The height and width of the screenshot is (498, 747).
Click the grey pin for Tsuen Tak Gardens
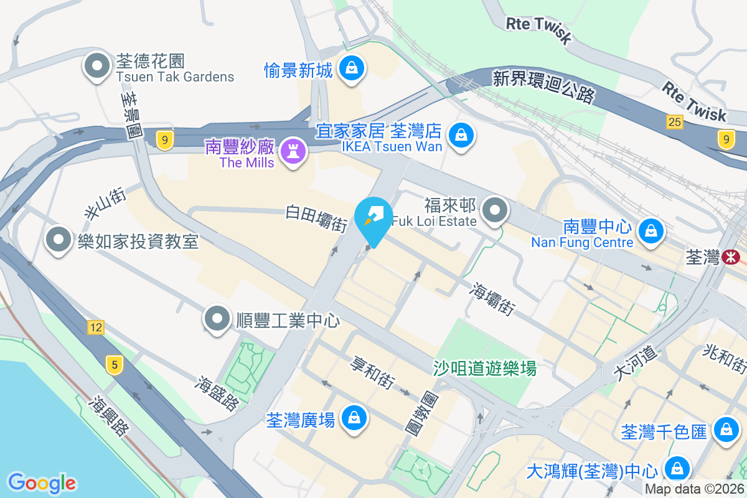tap(96, 67)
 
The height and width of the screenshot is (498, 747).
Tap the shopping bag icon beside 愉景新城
tap(352, 67)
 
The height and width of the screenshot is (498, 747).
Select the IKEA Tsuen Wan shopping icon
tap(461, 134)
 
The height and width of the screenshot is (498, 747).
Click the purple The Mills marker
tap(291, 151)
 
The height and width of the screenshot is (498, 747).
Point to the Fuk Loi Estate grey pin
tap(495, 210)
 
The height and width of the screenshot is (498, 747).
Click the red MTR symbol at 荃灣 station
tap(731, 256)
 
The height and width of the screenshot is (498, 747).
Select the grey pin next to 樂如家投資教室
tap(59, 240)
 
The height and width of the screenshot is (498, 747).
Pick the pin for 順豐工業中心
tap(217, 318)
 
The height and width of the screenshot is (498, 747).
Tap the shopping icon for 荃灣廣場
tap(354, 418)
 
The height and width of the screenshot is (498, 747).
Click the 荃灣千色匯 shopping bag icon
tap(726, 429)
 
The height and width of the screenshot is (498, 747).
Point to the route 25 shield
tap(675, 122)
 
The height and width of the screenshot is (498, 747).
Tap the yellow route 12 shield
tap(95, 327)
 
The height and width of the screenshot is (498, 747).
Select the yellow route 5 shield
tap(113, 364)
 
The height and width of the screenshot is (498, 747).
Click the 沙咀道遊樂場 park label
tap(485, 369)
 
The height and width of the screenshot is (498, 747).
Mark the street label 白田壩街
tap(316, 218)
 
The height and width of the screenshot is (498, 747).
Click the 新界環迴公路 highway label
tap(543, 87)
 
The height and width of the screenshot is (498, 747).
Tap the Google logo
tap(42, 482)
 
